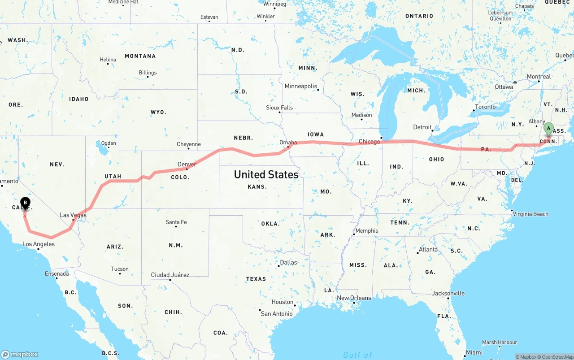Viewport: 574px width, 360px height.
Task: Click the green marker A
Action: (548, 129)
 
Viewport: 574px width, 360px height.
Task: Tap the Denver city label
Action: (187, 165)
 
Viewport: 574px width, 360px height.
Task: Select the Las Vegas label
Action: (73, 215)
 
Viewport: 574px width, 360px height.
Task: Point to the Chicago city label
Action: (369, 142)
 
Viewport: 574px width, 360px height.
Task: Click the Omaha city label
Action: (288, 143)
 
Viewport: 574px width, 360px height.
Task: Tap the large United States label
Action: (266, 174)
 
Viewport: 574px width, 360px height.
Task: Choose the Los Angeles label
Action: (39, 244)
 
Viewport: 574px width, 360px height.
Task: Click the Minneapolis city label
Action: (300, 86)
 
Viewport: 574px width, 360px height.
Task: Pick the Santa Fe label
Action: (176, 222)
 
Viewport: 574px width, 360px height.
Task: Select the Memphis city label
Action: (366, 231)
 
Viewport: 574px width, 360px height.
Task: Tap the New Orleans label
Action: (354, 298)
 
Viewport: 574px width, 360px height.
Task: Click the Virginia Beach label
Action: (531, 214)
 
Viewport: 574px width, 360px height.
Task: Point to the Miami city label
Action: (474, 352)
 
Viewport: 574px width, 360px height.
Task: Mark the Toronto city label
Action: (485, 107)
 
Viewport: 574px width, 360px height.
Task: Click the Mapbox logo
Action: (20, 354)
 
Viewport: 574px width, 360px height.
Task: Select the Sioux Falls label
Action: (279, 108)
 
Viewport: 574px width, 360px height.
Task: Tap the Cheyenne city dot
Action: (189, 150)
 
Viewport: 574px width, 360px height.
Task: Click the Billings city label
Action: (148, 73)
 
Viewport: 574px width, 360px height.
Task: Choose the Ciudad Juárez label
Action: (170, 275)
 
